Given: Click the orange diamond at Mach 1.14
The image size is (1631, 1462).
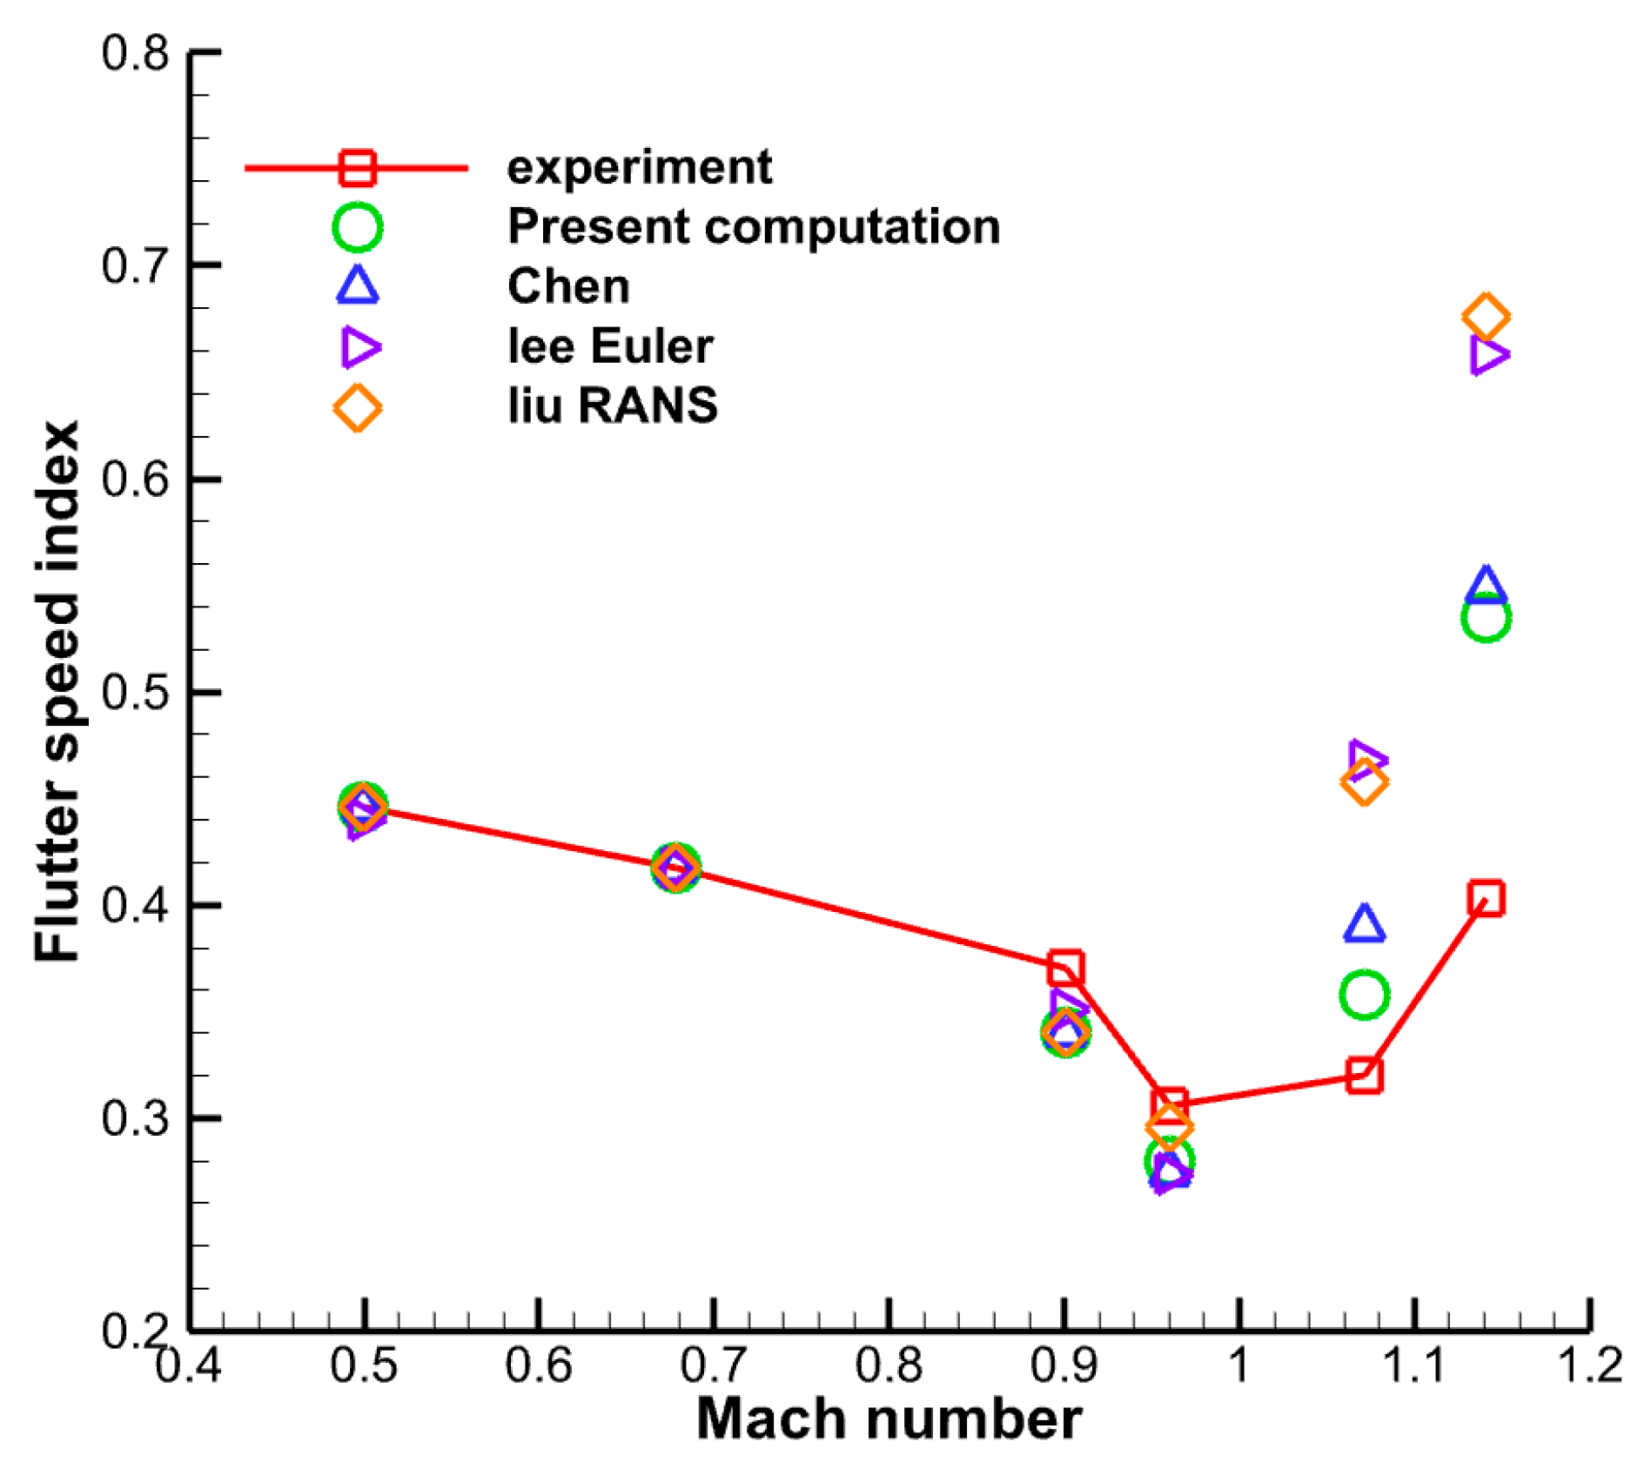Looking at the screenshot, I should coord(1486,317).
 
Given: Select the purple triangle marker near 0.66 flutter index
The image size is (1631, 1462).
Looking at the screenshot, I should coord(1488,355).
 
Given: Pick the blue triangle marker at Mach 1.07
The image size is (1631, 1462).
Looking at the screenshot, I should coord(1364,924).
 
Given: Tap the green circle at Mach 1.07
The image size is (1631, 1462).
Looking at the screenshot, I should coord(1364,994).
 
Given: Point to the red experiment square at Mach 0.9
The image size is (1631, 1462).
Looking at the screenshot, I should coord(1065,968).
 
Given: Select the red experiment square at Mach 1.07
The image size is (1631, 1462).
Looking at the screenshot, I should coord(1364,1076).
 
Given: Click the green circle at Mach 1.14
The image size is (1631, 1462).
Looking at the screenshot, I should coord(1486,618).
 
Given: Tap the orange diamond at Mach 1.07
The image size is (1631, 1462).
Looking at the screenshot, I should coord(1364,781).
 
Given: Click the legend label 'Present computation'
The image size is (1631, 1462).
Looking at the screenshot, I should coord(754,227).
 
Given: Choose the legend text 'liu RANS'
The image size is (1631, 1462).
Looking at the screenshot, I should coord(613,406).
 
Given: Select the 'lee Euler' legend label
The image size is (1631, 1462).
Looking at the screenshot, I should coord(610,346).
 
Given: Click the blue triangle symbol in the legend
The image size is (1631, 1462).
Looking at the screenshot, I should coord(358,287).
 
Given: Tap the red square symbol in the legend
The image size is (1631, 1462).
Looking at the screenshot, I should coord(358,168).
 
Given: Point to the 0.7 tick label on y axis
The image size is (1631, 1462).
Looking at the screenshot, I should coord(135,265).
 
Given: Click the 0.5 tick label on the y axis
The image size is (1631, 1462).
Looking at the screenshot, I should coord(135,693).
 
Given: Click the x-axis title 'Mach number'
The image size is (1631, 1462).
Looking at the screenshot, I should coord(889,1420).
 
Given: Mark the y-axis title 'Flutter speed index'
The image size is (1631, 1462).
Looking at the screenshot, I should coord(57,692).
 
